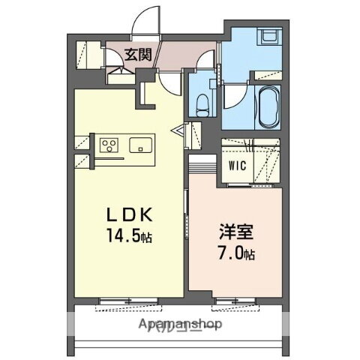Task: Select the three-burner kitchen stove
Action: tap(106, 145)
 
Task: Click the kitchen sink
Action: tap(140, 145)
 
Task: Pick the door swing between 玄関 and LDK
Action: tap(168, 81)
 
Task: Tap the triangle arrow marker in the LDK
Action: tap(180, 133)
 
